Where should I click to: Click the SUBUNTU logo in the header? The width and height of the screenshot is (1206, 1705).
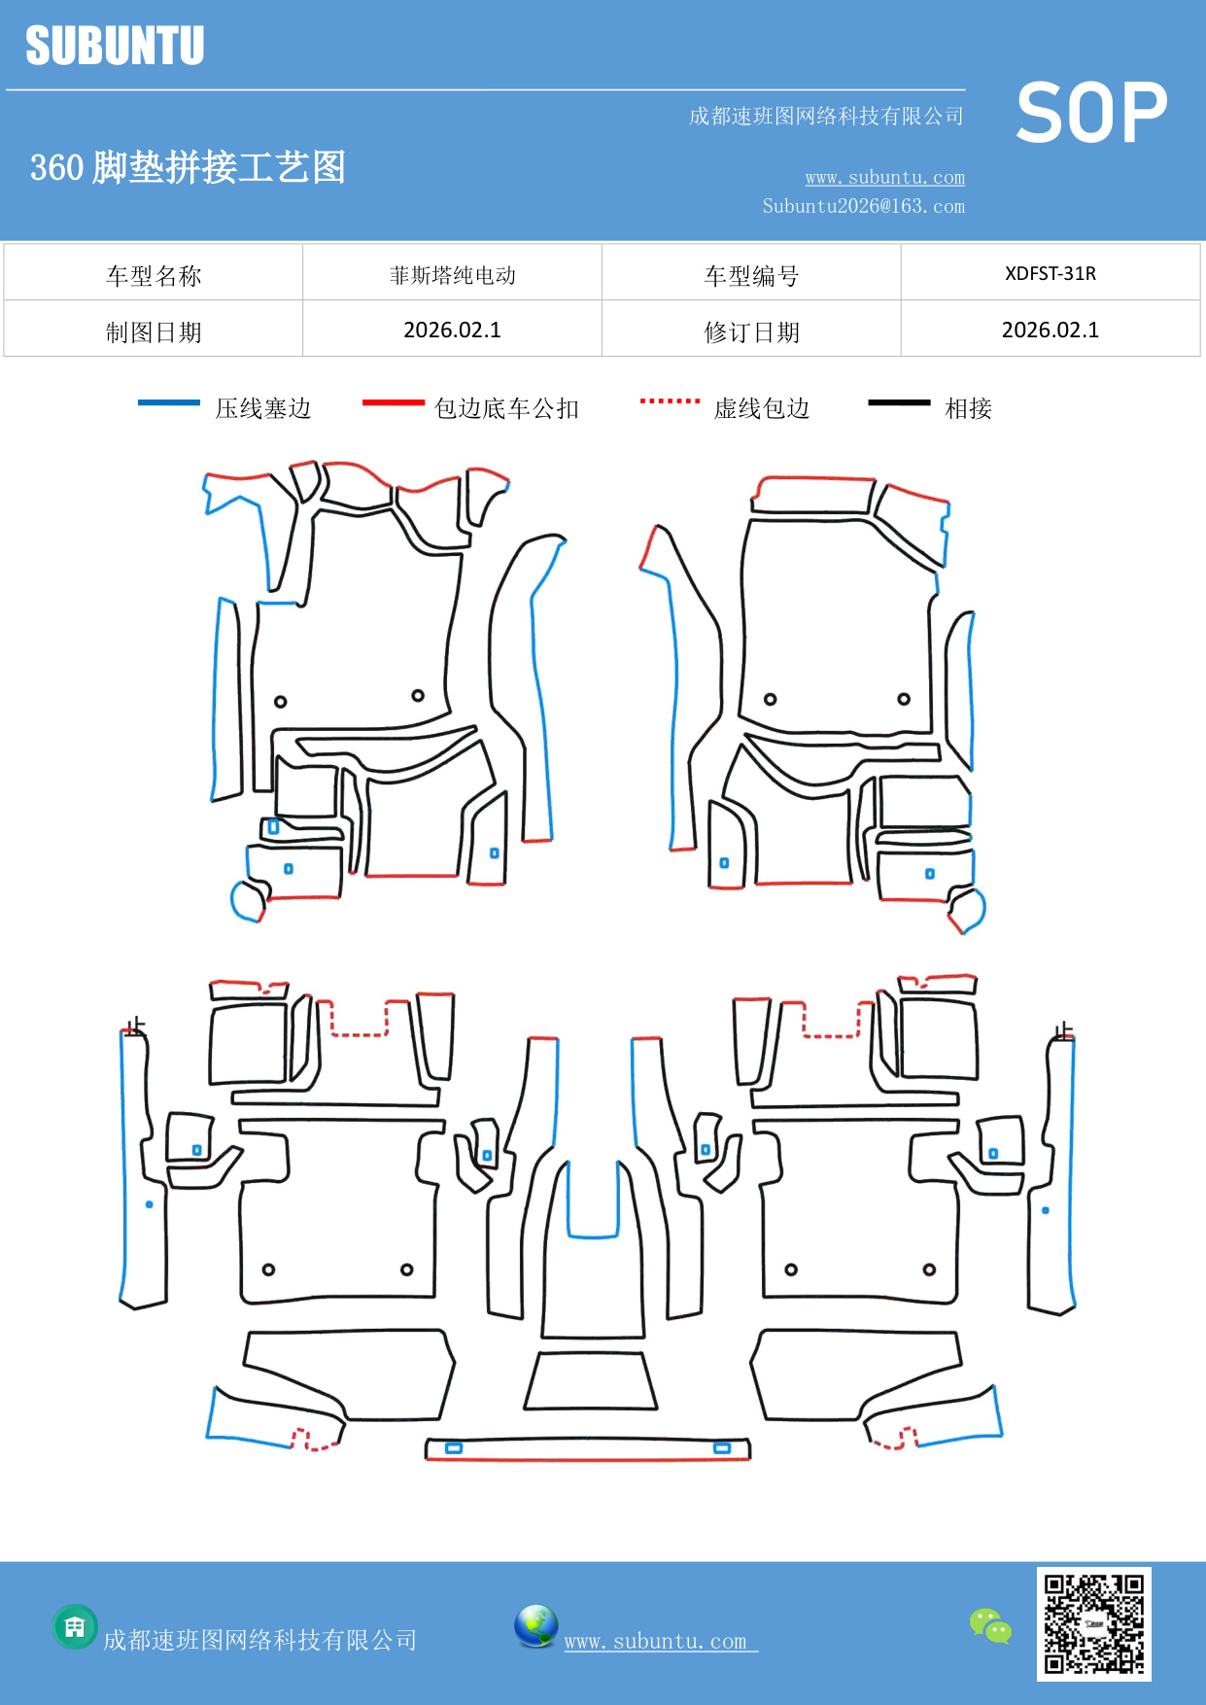click(115, 46)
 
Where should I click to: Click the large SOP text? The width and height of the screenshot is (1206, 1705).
click(1091, 114)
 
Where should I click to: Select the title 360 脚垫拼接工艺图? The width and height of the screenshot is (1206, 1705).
click(188, 167)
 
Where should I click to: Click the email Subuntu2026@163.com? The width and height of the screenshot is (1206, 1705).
click(863, 206)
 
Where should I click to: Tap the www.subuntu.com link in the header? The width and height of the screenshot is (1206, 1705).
click(884, 177)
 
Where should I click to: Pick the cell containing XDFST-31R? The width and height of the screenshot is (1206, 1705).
click(1050, 273)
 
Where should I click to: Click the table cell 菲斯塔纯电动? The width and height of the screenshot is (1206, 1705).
click(452, 275)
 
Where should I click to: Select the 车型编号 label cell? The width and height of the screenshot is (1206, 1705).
click(751, 276)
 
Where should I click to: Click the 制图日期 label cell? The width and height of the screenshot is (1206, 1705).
click(154, 332)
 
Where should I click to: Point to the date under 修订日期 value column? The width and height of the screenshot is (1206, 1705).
click(1050, 331)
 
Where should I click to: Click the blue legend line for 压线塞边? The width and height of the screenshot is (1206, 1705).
click(169, 402)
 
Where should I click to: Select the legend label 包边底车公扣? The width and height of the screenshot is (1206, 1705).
click(506, 408)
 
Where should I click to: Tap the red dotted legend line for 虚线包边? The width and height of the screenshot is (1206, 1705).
click(670, 400)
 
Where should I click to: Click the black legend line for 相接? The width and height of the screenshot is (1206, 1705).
click(899, 402)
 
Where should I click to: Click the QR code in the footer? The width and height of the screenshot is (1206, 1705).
click(1093, 1624)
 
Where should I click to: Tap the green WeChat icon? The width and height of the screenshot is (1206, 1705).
click(990, 1626)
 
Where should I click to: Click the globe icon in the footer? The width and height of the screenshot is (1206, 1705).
click(535, 1626)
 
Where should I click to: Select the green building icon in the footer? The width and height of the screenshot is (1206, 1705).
click(75, 1626)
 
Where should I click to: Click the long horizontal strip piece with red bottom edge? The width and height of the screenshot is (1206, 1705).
click(588, 1449)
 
